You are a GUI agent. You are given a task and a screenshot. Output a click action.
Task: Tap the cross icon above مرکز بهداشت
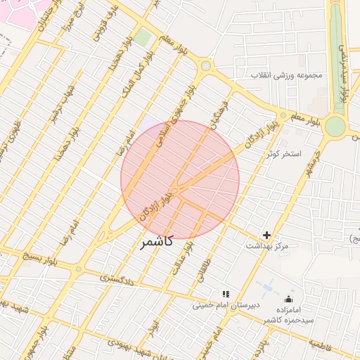[266, 235]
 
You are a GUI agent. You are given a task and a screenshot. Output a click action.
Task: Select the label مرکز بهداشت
[267, 247]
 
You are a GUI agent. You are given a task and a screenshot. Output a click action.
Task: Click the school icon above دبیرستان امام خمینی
[225, 294]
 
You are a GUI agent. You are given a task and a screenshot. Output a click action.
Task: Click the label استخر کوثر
[283, 153]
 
